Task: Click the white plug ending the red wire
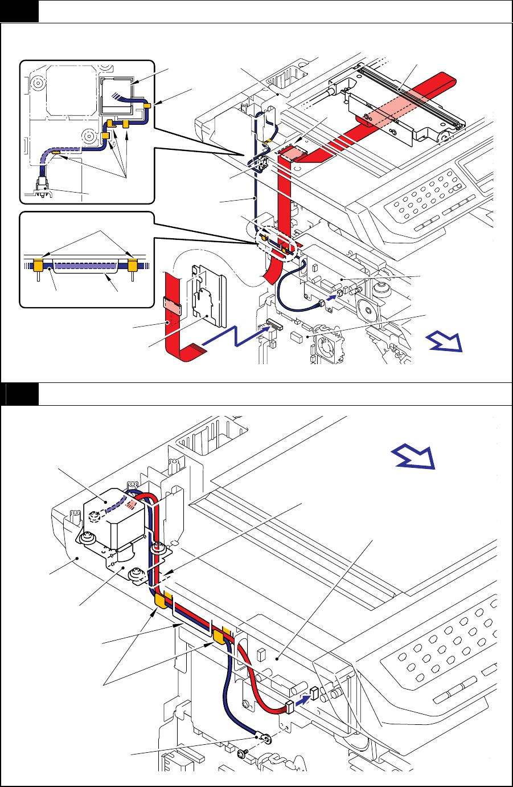click(x=289, y=707)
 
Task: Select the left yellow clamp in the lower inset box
click(x=38, y=264)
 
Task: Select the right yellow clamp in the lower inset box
click(x=133, y=264)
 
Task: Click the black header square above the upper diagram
click(x=20, y=11)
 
